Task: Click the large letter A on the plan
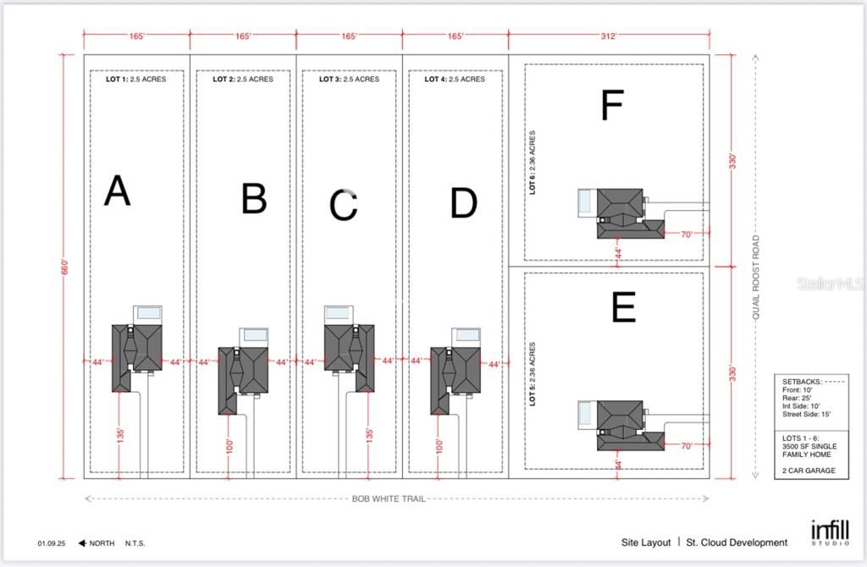(117, 190)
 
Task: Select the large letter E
(624, 306)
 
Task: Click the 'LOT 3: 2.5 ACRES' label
(349, 79)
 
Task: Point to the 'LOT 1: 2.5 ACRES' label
(136, 79)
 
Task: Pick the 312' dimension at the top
(608, 36)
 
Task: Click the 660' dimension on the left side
(64, 267)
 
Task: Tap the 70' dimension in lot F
(686, 234)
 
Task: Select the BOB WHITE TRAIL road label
(389, 498)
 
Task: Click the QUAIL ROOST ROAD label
(756, 277)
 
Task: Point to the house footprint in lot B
(243, 380)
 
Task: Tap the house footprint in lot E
(630, 425)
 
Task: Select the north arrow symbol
(82, 543)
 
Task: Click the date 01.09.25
(52, 543)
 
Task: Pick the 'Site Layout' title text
(646, 542)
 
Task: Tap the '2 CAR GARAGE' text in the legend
(809, 471)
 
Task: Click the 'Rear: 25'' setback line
(797, 398)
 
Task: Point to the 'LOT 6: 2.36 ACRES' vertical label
(532, 162)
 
